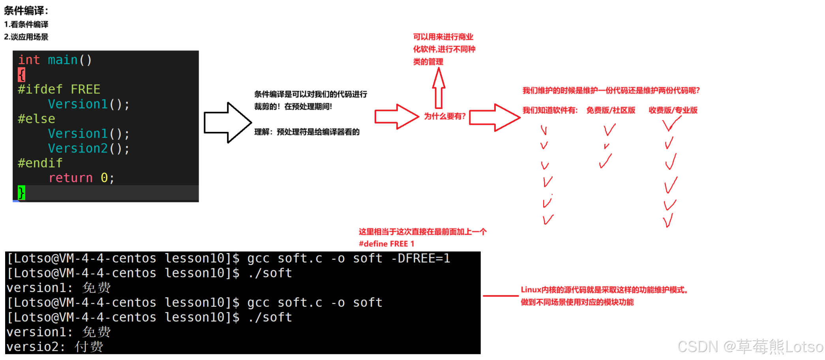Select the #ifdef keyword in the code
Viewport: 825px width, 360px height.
tap(40, 89)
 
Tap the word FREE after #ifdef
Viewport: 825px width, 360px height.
tap(85, 89)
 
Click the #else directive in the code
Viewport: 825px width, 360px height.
tap(36, 119)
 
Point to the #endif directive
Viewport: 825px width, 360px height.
tap(40, 163)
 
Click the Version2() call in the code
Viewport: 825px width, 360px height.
tap(88, 148)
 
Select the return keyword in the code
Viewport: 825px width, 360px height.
tap(70, 178)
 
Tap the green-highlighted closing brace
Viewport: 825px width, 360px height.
tap(21, 193)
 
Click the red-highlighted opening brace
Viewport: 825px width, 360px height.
tap(21, 75)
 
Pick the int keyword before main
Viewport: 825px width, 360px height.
tap(29, 60)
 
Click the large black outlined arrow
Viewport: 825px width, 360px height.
tap(228, 122)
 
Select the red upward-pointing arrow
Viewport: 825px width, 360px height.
tap(439, 87)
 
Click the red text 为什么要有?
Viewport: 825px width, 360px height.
tap(445, 116)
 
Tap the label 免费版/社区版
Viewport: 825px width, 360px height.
tap(611, 110)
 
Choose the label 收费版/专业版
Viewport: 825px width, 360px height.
tap(673, 110)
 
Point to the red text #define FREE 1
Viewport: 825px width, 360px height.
tap(386, 244)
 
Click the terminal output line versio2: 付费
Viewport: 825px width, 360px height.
tap(55, 347)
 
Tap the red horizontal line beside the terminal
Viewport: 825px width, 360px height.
tap(501, 296)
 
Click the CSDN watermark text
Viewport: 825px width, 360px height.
tap(750, 347)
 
